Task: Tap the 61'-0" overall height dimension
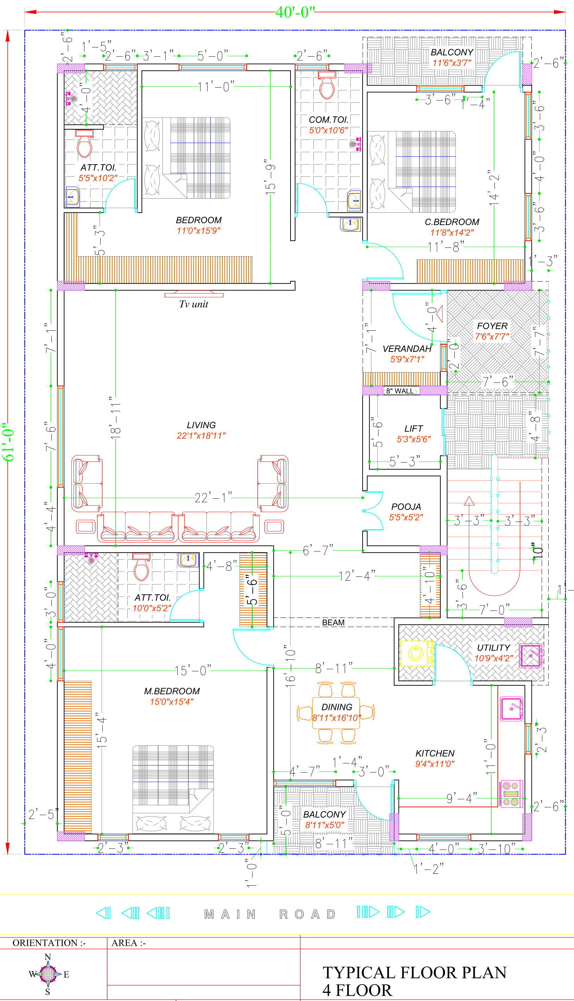pyautogui.click(x=8, y=442)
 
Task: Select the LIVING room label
pyautogui.click(x=201, y=425)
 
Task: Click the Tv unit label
pyautogui.click(x=193, y=304)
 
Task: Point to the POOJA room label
pyautogui.click(x=406, y=506)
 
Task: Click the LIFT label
pyautogui.click(x=414, y=428)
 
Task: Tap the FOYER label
pyautogui.click(x=492, y=326)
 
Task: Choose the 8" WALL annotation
pyautogui.click(x=400, y=391)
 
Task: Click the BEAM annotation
pyautogui.click(x=333, y=622)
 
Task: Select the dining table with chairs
pyautogui.click(x=336, y=713)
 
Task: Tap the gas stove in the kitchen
pyautogui.click(x=512, y=794)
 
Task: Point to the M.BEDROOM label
pyautogui.click(x=172, y=691)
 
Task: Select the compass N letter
pyautogui.click(x=48, y=957)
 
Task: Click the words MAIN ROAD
pyautogui.click(x=270, y=914)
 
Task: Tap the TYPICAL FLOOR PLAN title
pyautogui.click(x=415, y=973)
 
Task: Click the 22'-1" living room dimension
pyautogui.click(x=213, y=498)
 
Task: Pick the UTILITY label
pyautogui.click(x=493, y=648)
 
